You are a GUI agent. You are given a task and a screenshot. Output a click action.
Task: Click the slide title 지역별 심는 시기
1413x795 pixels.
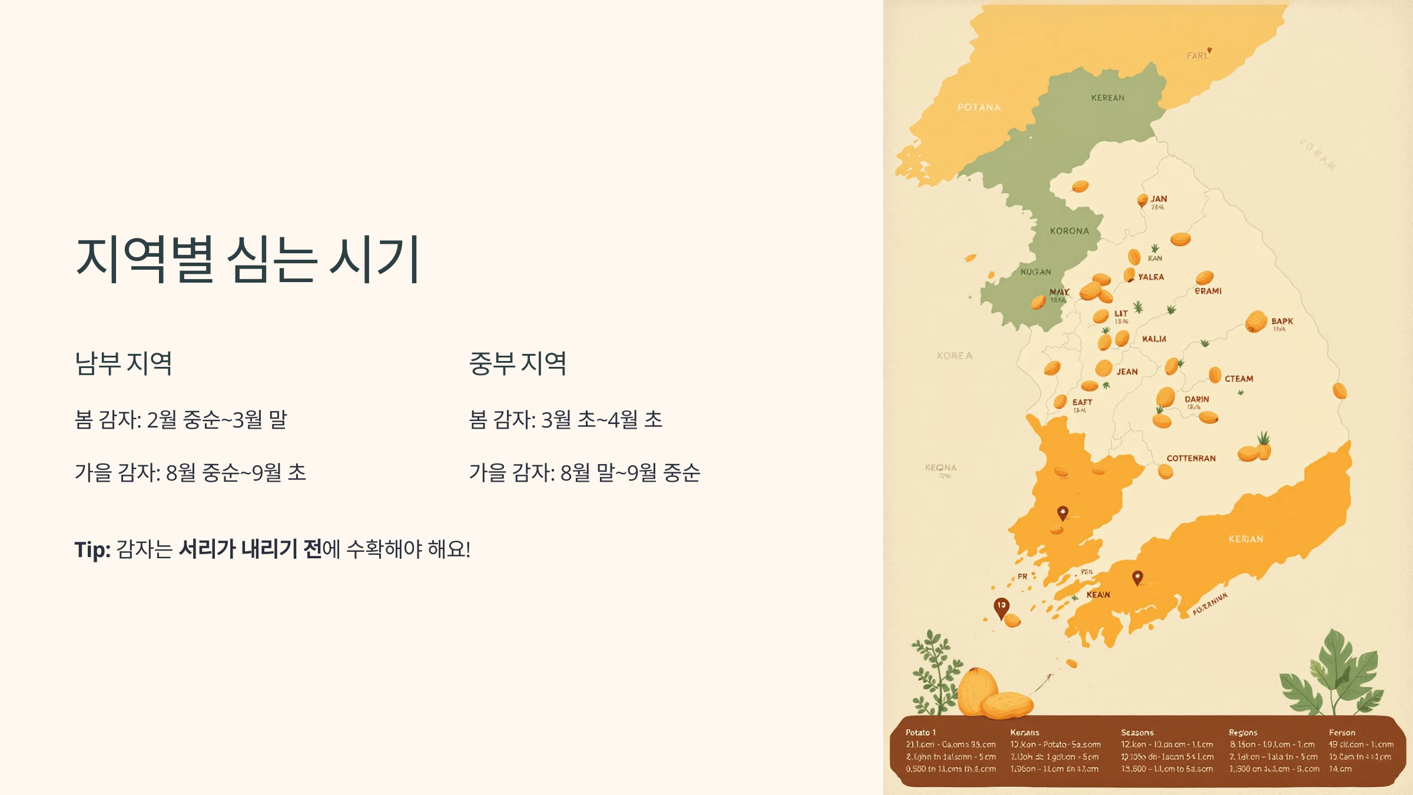click(x=247, y=259)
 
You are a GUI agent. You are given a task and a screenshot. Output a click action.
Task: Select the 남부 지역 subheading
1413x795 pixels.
click(x=124, y=363)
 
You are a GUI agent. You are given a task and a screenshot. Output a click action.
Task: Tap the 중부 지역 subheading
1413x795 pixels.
click(x=518, y=363)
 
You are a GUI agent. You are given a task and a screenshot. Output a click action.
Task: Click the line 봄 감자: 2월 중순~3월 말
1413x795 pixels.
click(x=181, y=420)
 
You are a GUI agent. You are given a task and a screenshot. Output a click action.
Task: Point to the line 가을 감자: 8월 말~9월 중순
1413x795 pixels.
click(x=584, y=472)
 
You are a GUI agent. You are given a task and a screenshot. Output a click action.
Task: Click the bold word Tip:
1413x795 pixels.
click(x=92, y=549)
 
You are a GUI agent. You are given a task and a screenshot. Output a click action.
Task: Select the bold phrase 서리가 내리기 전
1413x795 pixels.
click(x=250, y=549)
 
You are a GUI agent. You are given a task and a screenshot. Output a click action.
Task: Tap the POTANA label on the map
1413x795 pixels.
click(x=979, y=107)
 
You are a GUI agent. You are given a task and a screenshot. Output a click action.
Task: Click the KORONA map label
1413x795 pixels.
click(x=1069, y=231)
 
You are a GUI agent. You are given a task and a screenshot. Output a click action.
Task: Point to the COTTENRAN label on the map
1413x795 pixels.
click(x=1190, y=458)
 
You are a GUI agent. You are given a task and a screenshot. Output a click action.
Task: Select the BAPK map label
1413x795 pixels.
click(x=1282, y=322)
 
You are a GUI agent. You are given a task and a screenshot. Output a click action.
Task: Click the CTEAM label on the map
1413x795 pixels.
click(x=1239, y=379)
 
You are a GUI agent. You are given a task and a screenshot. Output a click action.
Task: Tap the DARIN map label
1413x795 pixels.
click(x=1196, y=399)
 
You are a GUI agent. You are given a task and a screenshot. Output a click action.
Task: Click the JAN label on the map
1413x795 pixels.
click(x=1159, y=199)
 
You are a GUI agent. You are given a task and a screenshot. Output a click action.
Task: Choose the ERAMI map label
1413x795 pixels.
click(x=1208, y=291)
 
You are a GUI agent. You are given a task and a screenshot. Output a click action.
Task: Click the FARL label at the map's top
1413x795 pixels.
click(x=1198, y=55)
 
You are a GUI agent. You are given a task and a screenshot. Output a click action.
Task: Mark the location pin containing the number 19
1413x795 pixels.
click(x=1001, y=607)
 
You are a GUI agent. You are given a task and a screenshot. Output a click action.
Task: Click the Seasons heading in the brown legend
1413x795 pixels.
click(x=1137, y=733)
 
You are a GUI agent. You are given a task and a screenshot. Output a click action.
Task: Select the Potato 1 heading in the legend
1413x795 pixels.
click(x=920, y=733)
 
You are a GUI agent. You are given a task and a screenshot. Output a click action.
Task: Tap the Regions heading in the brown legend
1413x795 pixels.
click(x=1243, y=733)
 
